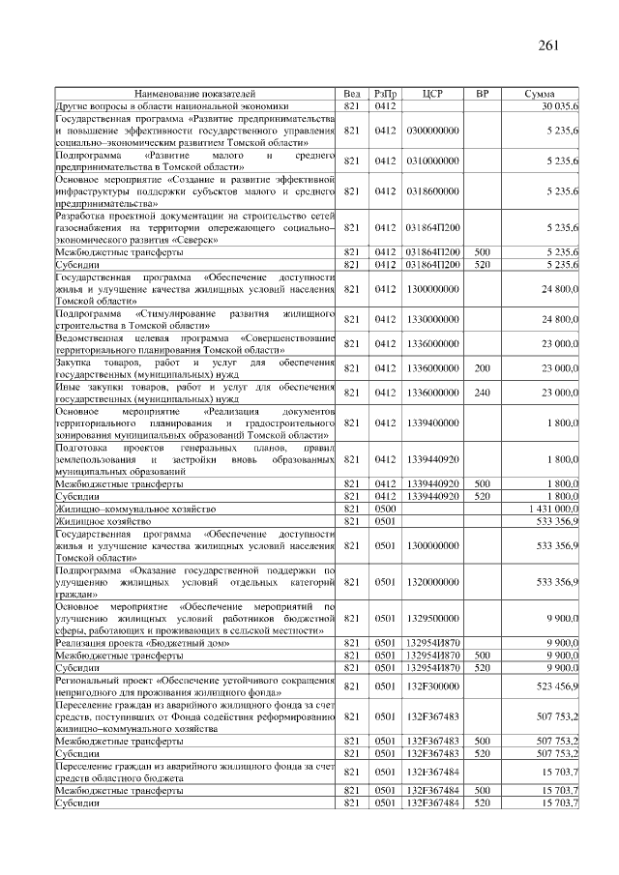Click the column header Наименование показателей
coord(195,94)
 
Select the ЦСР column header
coord(432,94)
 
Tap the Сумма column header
coord(539,94)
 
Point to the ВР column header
coord(482,94)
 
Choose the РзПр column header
coord(386,94)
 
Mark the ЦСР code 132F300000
coord(432,685)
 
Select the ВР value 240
coord(482,393)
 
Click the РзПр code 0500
coord(386,508)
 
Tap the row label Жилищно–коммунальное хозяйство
coord(135,508)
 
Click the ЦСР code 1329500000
coord(432,617)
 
